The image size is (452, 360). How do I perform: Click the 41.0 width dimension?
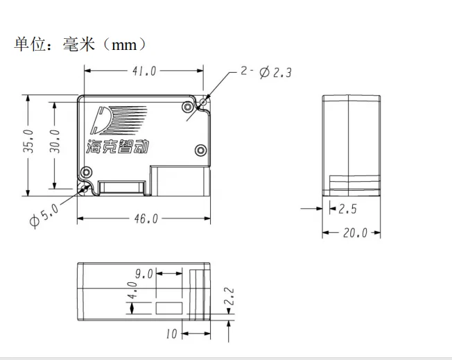[144, 70]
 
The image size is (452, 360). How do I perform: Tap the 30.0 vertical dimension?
[55, 142]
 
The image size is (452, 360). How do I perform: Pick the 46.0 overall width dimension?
[145, 218]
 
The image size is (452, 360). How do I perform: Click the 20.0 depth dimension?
[354, 233]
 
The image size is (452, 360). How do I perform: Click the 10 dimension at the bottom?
[172, 334]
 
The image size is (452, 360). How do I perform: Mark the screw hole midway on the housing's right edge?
[200, 149]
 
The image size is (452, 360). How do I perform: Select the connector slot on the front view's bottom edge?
[122, 187]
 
